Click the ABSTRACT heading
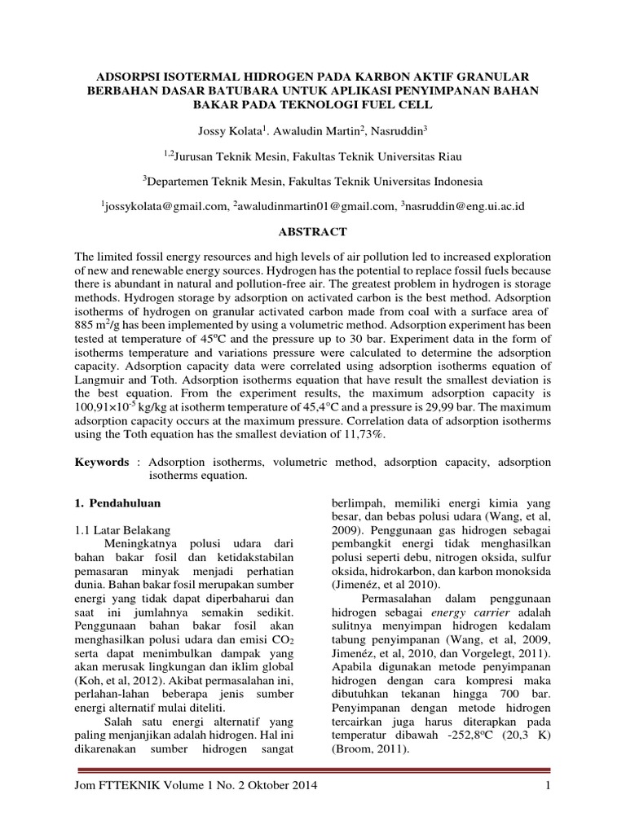coord(314,232)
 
